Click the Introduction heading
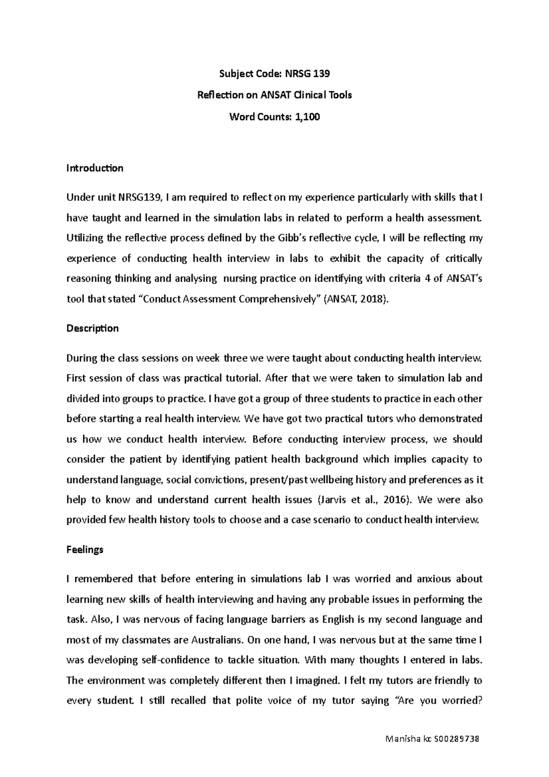click(x=95, y=168)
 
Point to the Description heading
click(x=92, y=328)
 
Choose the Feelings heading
click(x=85, y=550)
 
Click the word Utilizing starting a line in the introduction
click(x=85, y=238)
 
